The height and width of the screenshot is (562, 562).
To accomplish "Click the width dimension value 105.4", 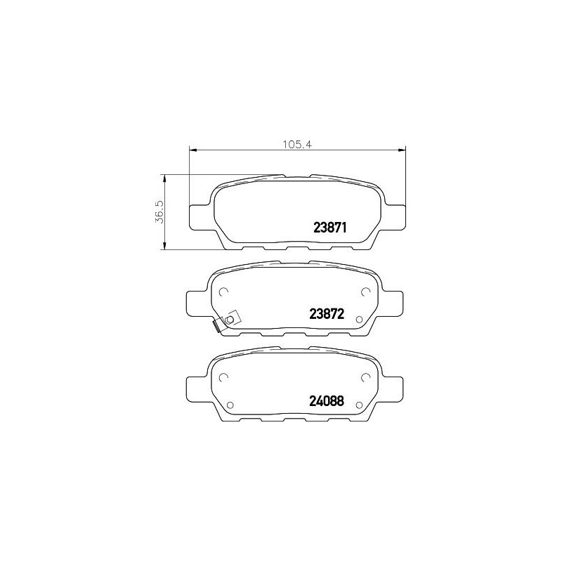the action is (298, 145).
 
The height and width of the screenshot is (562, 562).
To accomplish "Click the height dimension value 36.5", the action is (159, 212).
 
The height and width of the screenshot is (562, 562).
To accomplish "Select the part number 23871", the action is (330, 227).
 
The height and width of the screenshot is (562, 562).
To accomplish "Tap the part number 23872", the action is (327, 314).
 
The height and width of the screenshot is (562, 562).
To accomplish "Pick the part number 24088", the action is (327, 400).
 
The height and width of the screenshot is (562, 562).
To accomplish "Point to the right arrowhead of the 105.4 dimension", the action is (401, 150).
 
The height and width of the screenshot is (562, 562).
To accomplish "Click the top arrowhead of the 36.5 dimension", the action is (164, 179).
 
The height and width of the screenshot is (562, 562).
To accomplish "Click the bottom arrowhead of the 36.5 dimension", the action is (164, 245).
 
